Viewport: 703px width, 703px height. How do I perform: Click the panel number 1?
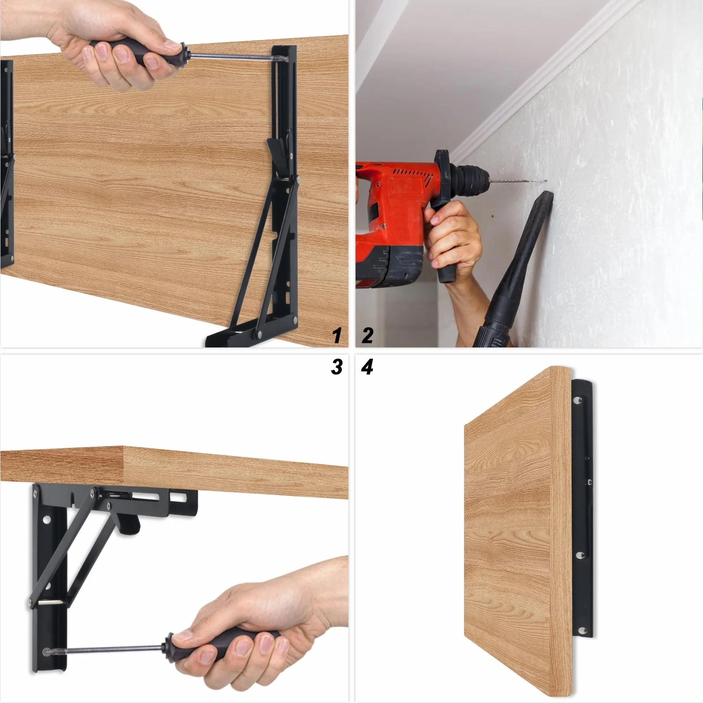(337, 335)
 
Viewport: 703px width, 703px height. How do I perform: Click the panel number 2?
(367, 335)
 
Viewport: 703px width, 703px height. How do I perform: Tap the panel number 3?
(337, 367)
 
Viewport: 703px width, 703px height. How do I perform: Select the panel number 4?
(367, 367)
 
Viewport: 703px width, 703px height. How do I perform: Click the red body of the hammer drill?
(395, 202)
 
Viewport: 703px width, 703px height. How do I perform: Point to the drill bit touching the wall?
(518, 181)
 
